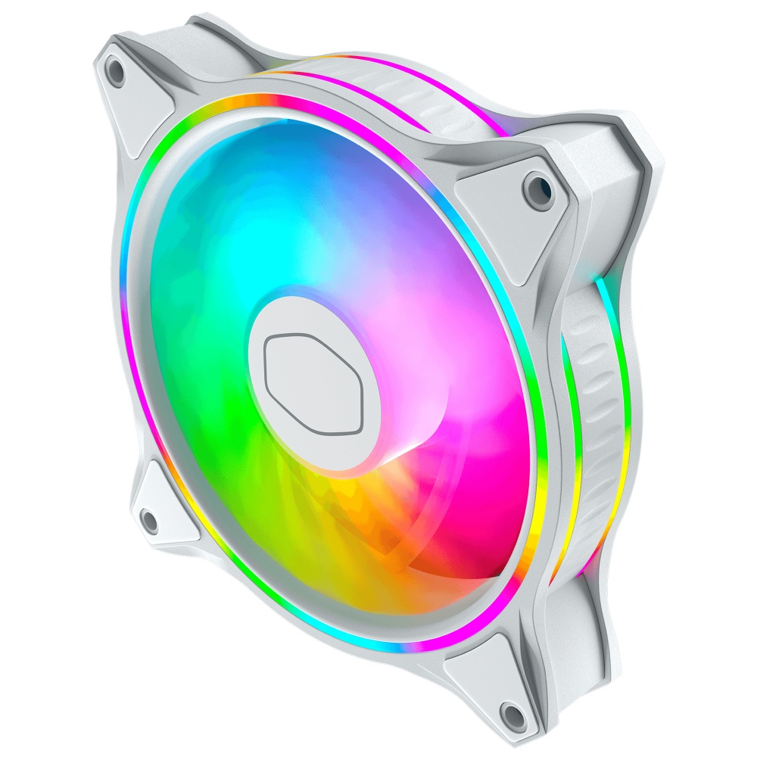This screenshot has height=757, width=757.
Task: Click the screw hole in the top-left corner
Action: tap(116, 70)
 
